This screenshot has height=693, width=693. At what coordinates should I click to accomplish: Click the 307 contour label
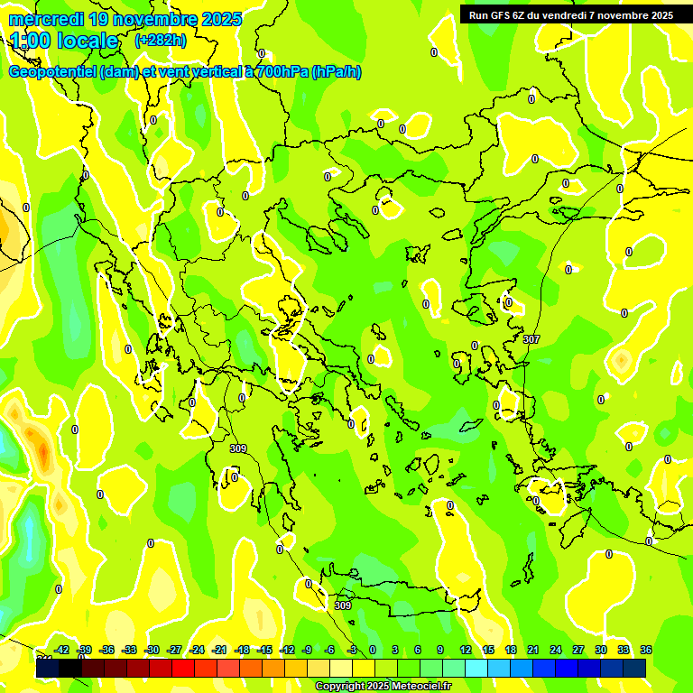point(531,339)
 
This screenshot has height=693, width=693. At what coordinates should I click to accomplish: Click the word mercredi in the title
point(46,19)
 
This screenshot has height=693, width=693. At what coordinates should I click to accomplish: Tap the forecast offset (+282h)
point(160,40)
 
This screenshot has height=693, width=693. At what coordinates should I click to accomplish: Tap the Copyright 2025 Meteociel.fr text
point(383,687)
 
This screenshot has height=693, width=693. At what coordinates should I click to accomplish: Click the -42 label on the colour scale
point(61,650)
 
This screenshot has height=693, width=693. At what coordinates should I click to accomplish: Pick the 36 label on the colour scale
point(646,650)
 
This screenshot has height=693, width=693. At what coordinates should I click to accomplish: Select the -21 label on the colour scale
point(219,650)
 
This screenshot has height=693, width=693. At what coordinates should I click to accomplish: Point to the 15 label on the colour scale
point(488,650)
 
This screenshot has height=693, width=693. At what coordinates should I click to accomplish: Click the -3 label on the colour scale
point(353,650)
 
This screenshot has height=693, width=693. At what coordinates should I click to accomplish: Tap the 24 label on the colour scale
point(556,650)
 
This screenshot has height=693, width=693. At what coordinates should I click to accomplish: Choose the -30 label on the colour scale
point(152,650)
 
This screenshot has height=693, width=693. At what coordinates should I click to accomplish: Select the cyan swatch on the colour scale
point(476,668)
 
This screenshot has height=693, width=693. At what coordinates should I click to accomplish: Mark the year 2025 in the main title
point(220,19)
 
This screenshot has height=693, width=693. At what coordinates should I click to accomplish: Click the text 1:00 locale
point(64,41)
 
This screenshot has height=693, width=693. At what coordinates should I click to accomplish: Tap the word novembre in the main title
point(155,19)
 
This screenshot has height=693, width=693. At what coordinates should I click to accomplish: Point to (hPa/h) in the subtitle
point(337,72)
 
